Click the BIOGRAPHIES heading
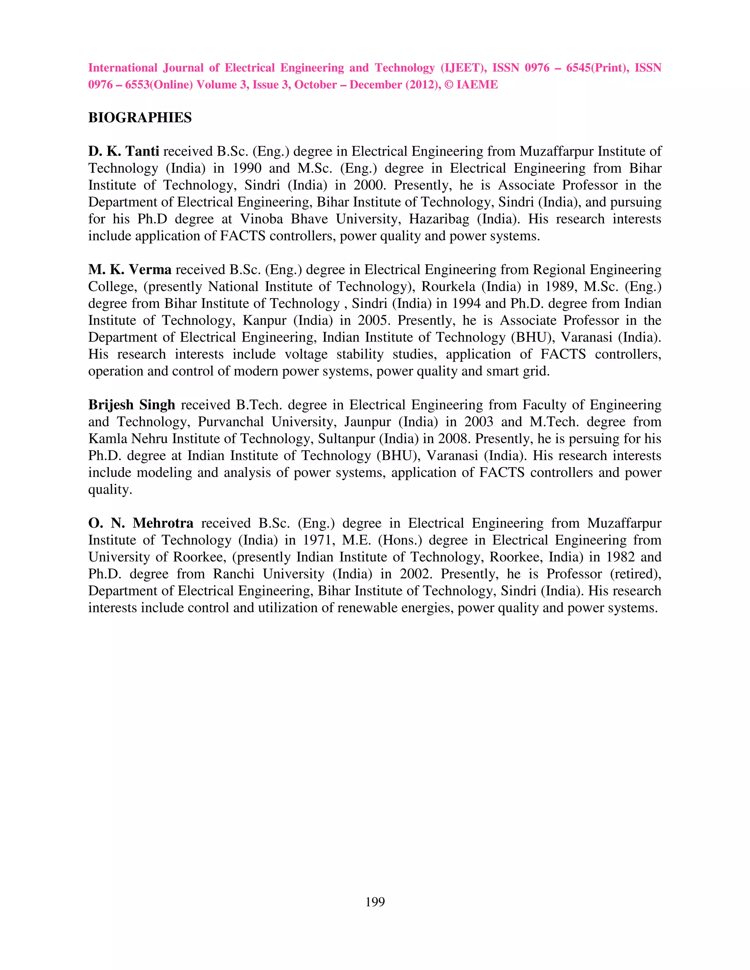(140, 118)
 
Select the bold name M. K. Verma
(130, 270)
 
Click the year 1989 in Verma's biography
(561, 287)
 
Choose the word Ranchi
(233, 574)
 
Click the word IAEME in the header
(477, 85)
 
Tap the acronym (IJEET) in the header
(463, 68)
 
